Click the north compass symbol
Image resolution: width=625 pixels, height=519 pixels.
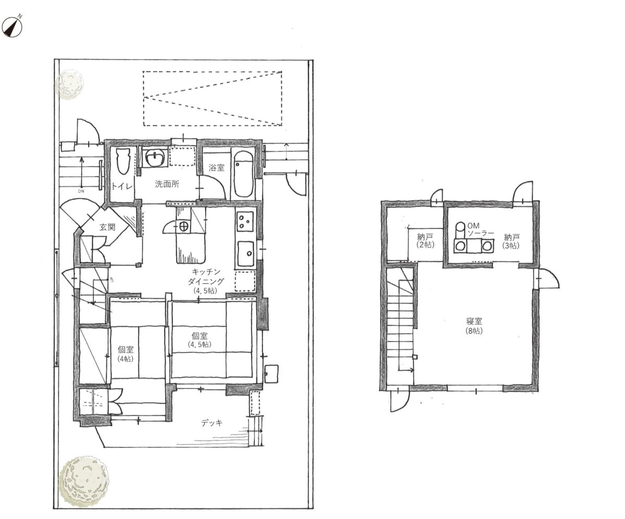(x=12, y=27)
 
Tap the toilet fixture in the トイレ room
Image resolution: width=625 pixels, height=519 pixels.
(x=123, y=161)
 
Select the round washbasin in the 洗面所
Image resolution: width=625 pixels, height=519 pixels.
(x=155, y=157)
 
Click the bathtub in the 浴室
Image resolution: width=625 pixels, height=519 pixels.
(x=243, y=174)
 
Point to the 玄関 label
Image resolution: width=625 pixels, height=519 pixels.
(x=107, y=227)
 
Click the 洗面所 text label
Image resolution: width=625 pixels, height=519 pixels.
(x=167, y=184)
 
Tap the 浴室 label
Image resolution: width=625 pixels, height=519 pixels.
(x=217, y=168)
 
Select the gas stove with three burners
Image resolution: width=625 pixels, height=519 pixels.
(x=245, y=221)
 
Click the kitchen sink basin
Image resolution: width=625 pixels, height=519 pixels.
(x=246, y=254)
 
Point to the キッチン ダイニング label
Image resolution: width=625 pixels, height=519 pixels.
(x=206, y=281)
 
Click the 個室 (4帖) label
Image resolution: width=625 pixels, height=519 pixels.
(x=126, y=354)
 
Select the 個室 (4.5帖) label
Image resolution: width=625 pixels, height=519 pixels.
(x=199, y=340)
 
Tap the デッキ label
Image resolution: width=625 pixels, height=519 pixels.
(x=211, y=423)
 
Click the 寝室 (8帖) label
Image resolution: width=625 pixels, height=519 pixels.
(x=474, y=326)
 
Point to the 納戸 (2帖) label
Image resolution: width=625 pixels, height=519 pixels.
(x=426, y=241)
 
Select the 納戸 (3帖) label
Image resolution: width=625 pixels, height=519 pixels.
(x=511, y=242)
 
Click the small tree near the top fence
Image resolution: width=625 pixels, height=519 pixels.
(x=69, y=84)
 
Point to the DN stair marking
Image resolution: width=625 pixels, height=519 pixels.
(x=81, y=191)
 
